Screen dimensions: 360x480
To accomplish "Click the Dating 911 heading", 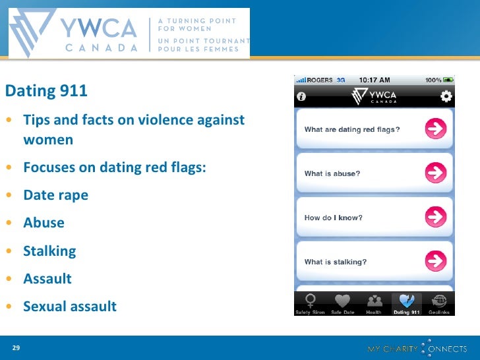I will tap(46, 91).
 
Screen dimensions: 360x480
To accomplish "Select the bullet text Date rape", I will tap(55, 195).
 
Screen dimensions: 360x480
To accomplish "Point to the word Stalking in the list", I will tap(49, 251).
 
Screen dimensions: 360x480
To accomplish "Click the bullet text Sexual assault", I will tap(69, 307).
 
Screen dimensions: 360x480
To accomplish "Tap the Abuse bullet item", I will tap(44, 223).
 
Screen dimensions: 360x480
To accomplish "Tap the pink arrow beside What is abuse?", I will tap(435, 173).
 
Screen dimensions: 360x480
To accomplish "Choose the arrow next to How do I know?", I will tap(435, 217).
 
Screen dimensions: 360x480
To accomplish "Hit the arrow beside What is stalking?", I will tap(435, 261).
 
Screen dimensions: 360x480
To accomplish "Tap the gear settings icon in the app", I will tap(446, 96).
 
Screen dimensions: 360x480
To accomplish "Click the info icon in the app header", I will tap(302, 96).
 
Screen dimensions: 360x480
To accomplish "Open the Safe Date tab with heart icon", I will tap(342, 304).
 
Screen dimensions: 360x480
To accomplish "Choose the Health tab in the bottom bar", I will tap(374, 304).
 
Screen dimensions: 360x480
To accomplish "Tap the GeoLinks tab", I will tap(438, 304).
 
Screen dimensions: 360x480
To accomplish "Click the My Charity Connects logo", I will tap(416, 347).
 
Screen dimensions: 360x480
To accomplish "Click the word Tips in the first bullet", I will tap(37, 121).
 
